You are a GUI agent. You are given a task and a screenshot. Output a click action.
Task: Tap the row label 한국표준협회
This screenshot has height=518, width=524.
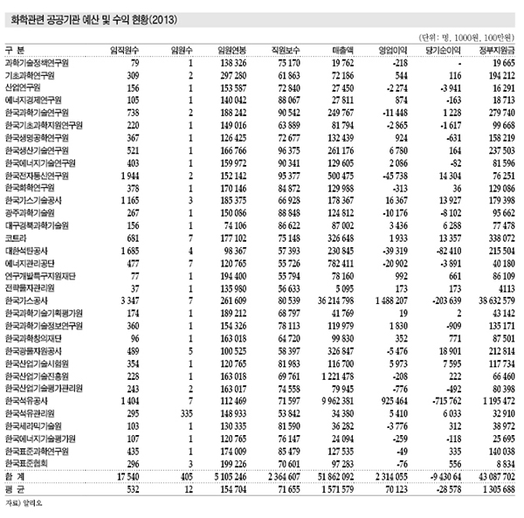click(27, 464)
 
